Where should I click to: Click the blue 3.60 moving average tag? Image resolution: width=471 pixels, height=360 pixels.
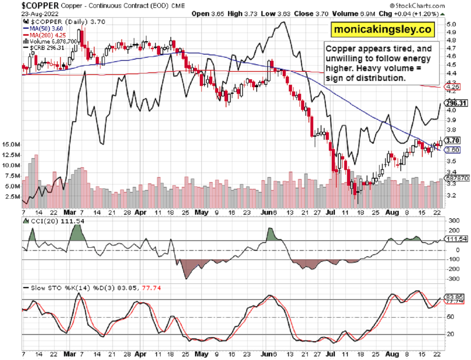click(451, 150)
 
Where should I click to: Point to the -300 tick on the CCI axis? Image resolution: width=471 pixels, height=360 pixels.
click(453, 279)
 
